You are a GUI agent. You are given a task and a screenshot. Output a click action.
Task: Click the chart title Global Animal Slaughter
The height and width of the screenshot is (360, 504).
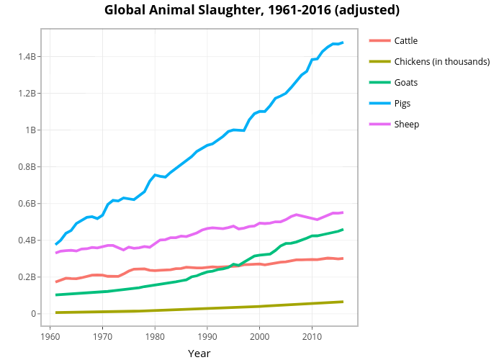click(252, 11)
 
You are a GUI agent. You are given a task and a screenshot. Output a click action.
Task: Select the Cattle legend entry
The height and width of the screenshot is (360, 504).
click(405, 40)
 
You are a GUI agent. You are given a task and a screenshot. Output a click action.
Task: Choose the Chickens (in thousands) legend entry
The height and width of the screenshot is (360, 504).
click(441, 61)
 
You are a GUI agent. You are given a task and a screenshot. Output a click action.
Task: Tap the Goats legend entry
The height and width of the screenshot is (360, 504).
click(405, 82)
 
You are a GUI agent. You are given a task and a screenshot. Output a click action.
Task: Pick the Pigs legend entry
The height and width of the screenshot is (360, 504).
click(402, 103)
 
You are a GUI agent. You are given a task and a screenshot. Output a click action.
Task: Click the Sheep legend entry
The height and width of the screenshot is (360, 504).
click(406, 124)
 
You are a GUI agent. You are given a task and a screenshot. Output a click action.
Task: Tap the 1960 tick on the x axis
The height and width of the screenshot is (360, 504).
click(50, 337)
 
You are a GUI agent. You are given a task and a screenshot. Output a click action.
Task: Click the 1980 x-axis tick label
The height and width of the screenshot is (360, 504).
click(155, 337)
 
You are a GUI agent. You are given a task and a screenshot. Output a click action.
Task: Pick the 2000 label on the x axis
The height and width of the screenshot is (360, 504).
click(259, 337)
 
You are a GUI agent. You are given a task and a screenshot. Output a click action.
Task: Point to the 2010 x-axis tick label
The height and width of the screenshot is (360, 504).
click(312, 337)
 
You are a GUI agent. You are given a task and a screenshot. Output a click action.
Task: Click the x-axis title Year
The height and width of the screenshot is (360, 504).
click(199, 353)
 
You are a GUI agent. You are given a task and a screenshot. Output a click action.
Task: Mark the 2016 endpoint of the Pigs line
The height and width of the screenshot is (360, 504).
click(343, 42)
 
